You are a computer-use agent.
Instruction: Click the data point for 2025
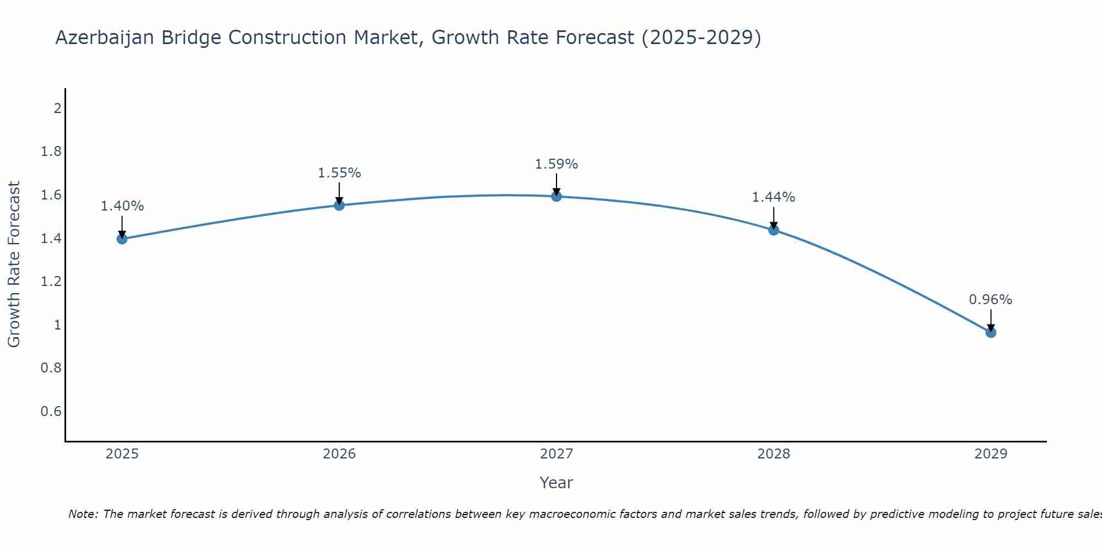tap(122, 239)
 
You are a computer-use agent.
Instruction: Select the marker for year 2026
tap(339, 206)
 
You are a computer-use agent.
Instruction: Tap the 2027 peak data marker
tap(557, 196)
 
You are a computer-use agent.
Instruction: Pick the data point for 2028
tap(774, 230)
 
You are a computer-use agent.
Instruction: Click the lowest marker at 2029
tap(991, 332)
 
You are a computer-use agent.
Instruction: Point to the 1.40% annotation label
tap(122, 206)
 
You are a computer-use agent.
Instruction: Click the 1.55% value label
tap(339, 173)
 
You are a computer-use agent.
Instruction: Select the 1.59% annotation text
tap(557, 164)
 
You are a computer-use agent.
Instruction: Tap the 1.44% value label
tap(774, 197)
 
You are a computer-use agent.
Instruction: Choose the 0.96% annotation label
tap(991, 300)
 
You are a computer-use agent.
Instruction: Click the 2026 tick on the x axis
tap(339, 454)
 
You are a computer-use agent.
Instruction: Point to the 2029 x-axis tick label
tap(991, 454)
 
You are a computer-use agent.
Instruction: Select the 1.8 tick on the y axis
tap(51, 152)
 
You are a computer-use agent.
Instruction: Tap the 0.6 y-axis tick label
tap(51, 412)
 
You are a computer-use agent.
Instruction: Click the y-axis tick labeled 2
tap(57, 108)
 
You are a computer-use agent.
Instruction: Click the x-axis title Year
tap(557, 483)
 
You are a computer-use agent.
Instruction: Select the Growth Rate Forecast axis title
tap(14, 264)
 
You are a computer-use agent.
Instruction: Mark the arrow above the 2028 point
tap(774, 218)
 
